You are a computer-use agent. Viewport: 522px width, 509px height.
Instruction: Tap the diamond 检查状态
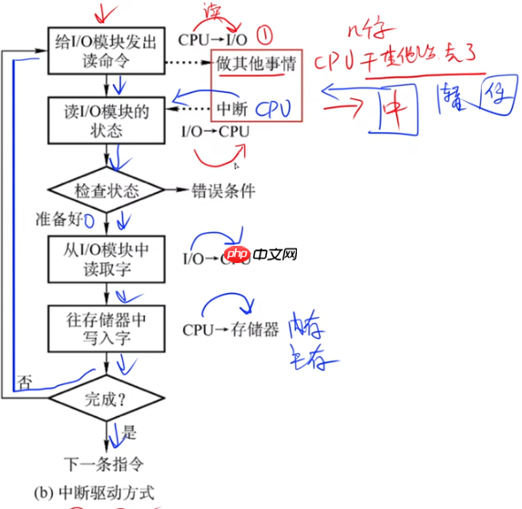pyautogui.click(x=106, y=191)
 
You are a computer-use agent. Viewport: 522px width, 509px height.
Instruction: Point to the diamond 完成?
pyautogui.click(x=106, y=399)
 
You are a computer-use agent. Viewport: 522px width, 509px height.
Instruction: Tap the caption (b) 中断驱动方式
pyautogui.click(x=94, y=493)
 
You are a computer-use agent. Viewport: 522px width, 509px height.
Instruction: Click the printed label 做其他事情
pyautogui.click(x=255, y=66)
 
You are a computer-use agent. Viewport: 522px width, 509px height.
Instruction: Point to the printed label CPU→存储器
pyautogui.click(x=230, y=329)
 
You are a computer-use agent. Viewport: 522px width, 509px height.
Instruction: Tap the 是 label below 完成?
pyautogui.click(x=128, y=433)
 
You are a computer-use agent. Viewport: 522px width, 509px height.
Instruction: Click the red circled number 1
pyautogui.click(x=265, y=38)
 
